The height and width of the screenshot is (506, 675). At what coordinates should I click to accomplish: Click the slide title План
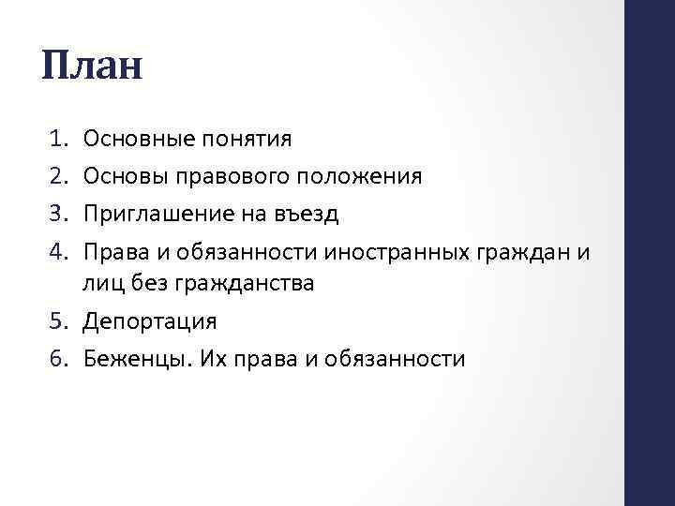[x=92, y=67]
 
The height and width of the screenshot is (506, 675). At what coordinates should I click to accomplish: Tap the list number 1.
[x=53, y=140]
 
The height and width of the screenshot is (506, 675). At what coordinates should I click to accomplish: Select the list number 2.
[x=53, y=176]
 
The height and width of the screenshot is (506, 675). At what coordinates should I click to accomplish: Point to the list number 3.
[x=53, y=213]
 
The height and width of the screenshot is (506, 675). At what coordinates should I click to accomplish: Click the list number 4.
[x=53, y=249]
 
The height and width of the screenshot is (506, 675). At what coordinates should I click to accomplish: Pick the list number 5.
[x=53, y=321]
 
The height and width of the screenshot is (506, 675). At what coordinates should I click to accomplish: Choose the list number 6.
[x=53, y=358]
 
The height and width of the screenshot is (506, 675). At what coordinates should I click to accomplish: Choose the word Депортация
[x=150, y=321]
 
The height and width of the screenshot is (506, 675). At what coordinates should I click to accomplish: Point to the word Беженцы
[x=127, y=358]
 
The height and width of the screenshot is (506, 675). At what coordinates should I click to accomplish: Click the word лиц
[x=100, y=283]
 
